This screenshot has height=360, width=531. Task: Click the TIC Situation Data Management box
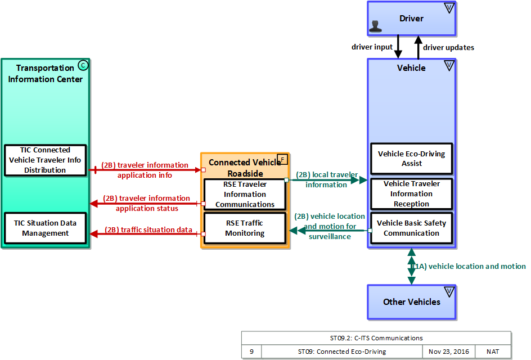coord(45,228)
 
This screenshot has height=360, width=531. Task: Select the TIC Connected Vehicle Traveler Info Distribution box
coord(45,160)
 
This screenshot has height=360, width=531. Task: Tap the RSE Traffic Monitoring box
coord(245,228)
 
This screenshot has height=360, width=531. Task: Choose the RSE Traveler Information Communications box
coord(245,195)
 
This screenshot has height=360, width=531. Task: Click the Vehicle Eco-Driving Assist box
coord(411,159)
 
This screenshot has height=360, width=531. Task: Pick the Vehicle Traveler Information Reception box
coord(411,194)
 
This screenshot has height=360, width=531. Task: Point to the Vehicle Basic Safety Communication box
coord(411,228)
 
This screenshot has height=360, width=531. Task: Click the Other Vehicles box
coord(411,302)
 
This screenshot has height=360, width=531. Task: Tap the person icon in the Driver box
coord(375,26)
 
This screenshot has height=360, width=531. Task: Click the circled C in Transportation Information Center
coord(83,65)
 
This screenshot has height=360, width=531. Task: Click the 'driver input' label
coord(372,47)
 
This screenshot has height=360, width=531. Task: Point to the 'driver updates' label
coord(448,48)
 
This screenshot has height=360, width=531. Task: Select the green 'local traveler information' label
coord(327,179)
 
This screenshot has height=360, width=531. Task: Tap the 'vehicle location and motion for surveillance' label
coord(330,226)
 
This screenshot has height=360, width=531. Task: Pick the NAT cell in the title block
coord(493,352)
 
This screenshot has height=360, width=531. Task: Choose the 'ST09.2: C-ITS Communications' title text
coord(376,338)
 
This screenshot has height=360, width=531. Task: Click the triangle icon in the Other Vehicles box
coord(449,291)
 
